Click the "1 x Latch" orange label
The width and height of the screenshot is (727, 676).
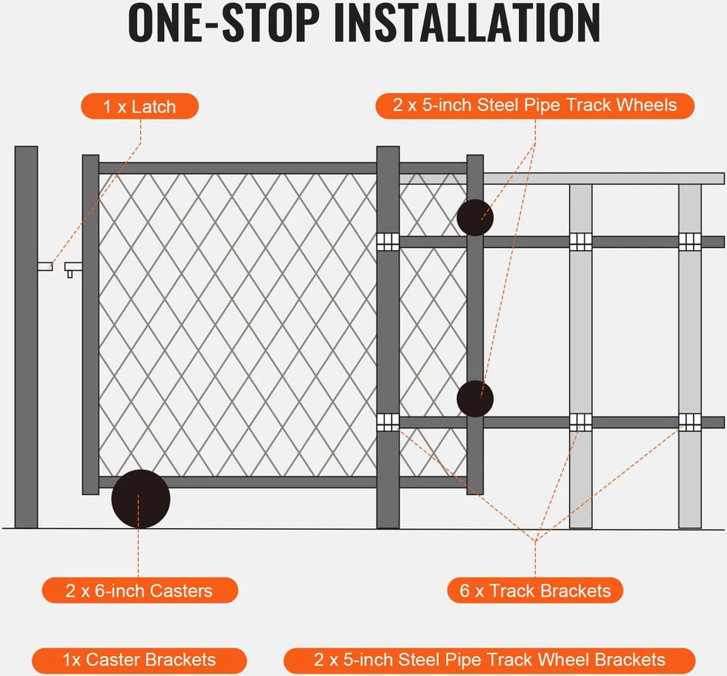(139, 106)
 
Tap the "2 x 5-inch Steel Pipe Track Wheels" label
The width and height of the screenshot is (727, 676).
(534, 105)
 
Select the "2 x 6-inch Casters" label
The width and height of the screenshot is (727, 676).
(139, 591)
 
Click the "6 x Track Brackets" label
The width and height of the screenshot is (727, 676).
(535, 591)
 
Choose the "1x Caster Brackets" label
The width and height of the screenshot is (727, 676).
(139, 661)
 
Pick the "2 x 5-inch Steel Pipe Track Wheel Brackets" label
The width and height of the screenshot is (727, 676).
(489, 661)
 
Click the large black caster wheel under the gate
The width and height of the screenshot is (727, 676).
(140, 499)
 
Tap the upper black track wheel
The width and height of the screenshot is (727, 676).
(474, 217)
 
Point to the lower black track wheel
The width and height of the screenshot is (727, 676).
(474, 399)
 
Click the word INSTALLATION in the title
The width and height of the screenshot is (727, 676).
(467, 23)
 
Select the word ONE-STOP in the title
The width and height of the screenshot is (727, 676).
(224, 23)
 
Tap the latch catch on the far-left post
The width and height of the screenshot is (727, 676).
(45, 266)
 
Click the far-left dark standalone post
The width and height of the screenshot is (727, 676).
(26, 337)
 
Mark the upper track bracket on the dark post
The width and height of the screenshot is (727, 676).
(387, 242)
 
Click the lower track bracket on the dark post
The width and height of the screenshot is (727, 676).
(387, 422)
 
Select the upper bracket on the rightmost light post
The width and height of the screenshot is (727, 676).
(689, 242)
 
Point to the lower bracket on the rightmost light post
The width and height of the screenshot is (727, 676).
(689, 422)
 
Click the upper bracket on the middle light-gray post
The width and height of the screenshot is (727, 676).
(581, 242)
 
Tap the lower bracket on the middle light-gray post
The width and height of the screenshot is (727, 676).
(581, 422)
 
